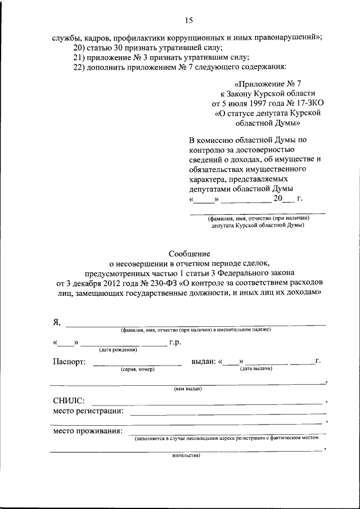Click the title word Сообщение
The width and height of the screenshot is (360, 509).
click(x=188, y=254)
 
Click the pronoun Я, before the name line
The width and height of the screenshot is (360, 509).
click(x=57, y=322)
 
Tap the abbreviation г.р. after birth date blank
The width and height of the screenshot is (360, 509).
click(x=175, y=342)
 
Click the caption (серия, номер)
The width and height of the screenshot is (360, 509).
click(x=137, y=370)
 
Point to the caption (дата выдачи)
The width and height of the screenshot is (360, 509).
click(x=256, y=370)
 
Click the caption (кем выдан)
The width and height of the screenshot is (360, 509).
click(x=188, y=389)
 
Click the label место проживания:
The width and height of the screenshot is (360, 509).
click(x=88, y=431)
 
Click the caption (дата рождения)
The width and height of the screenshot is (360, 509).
click(x=118, y=350)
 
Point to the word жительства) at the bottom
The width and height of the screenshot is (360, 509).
click(x=186, y=456)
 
